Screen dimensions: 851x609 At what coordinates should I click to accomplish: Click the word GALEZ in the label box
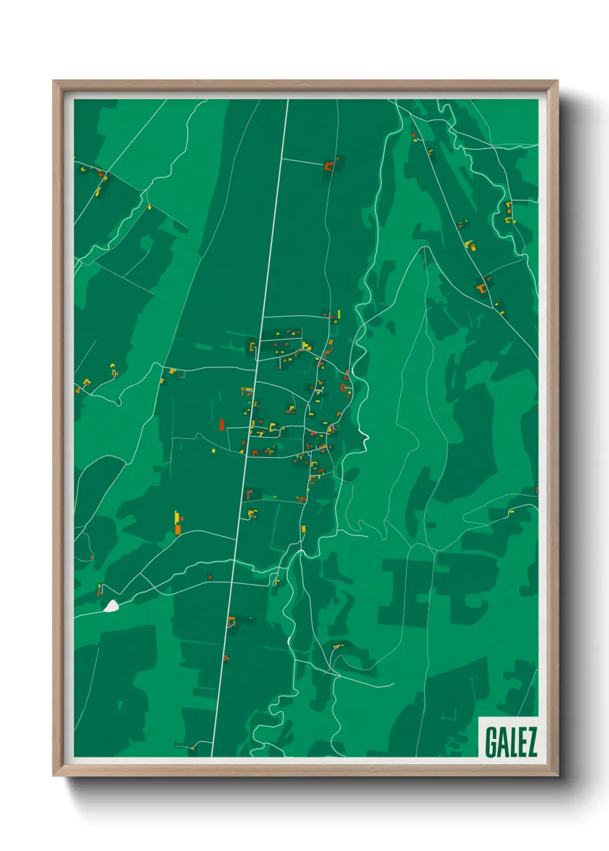coord(511,742)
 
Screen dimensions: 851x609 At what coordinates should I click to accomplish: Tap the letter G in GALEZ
coord(491,742)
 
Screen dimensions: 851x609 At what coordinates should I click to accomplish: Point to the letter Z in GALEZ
coord(531,742)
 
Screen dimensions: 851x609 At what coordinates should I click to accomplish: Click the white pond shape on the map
coord(111,605)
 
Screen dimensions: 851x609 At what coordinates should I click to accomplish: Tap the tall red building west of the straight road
coord(222,424)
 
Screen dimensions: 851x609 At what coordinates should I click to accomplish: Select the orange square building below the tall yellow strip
coord(178,528)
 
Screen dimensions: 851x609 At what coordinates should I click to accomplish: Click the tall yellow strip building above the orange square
coord(176,516)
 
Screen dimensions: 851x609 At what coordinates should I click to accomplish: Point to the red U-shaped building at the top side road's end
coord(329,166)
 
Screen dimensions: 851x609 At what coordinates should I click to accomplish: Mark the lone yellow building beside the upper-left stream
coord(150,206)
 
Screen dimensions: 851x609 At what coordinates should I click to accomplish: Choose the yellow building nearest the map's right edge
coord(511,511)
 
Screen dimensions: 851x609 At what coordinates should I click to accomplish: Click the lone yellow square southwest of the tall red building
coord(214,451)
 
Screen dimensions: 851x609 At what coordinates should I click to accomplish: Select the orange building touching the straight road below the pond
coord(231,621)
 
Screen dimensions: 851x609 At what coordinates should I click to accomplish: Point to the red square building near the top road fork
coord(413,135)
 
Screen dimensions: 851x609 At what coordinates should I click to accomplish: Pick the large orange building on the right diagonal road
coord(481,287)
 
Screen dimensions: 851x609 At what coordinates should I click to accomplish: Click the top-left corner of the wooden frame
coord(54,81)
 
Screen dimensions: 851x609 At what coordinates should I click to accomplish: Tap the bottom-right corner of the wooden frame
coord(557,775)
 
